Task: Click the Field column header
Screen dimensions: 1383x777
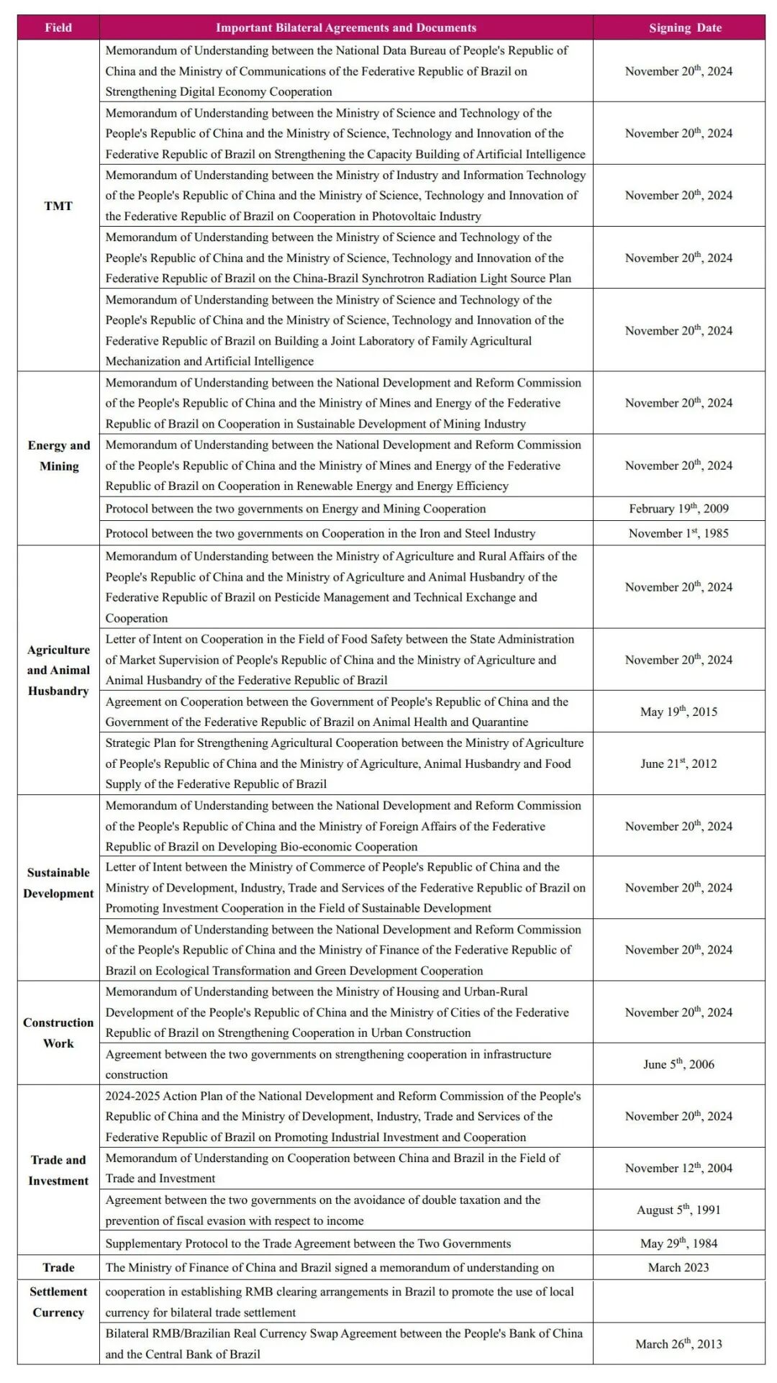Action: (x=58, y=27)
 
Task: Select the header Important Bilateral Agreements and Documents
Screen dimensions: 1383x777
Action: (x=346, y=27)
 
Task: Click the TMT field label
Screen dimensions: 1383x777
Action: (x=58, y=206)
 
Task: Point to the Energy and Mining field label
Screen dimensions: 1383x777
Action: (x=59, y=455)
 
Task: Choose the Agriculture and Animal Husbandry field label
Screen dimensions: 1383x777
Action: (x=58, y=670)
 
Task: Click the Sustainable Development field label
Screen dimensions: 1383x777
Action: (x=58, y=883)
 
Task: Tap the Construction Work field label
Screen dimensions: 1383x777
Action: (x=58, y=1033)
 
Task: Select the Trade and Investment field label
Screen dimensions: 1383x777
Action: (x=58, y=1170)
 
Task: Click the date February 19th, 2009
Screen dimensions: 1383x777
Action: (x=678, y=509)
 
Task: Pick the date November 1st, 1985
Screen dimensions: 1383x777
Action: (x=678, y=533)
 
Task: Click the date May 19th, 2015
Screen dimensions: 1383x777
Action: (x=678, y=712)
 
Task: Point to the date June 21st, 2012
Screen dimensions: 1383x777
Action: (x=678, y=763)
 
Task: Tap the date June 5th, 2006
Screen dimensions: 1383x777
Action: (x=678, y=1064)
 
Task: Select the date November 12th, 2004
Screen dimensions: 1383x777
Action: (x=678, y=1168)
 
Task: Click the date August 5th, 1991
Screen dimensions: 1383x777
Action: (x=678, y=1210)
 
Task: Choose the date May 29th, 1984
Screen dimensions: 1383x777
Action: (x=678, y=1243)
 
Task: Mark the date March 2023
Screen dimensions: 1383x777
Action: (x=678, y=1267)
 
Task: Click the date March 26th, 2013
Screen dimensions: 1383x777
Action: (x=678, y=1343)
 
